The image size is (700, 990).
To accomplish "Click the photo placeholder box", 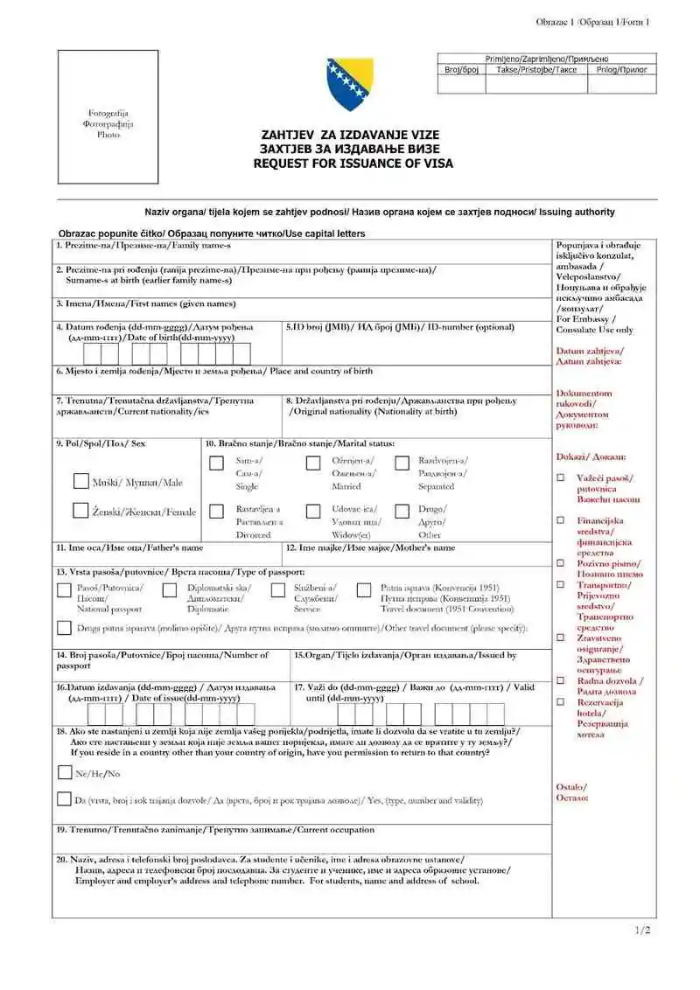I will point(108,116).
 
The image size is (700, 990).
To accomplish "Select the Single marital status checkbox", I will point(216,463).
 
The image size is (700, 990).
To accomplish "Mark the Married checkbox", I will point(312,463).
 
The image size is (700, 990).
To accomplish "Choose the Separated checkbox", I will point(402,463).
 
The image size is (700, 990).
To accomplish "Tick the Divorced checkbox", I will point(216,511).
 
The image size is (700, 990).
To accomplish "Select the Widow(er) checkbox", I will point(312,511).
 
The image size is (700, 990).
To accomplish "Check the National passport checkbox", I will point(64,590).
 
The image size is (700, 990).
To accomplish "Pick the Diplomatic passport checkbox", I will point(170,590).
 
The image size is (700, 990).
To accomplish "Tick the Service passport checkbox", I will point(277,590).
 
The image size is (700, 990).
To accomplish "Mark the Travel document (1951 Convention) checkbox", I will point(364,590).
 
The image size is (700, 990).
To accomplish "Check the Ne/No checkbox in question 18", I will point(64,772).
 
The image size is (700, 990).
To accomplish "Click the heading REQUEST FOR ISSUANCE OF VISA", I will point(353,164).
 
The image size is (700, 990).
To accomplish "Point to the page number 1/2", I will point(642,930).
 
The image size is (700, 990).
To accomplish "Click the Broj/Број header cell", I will point(461,69).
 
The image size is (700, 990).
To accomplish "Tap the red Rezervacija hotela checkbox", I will point(560,701).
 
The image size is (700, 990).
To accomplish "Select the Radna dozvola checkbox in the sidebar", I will point(560,680).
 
